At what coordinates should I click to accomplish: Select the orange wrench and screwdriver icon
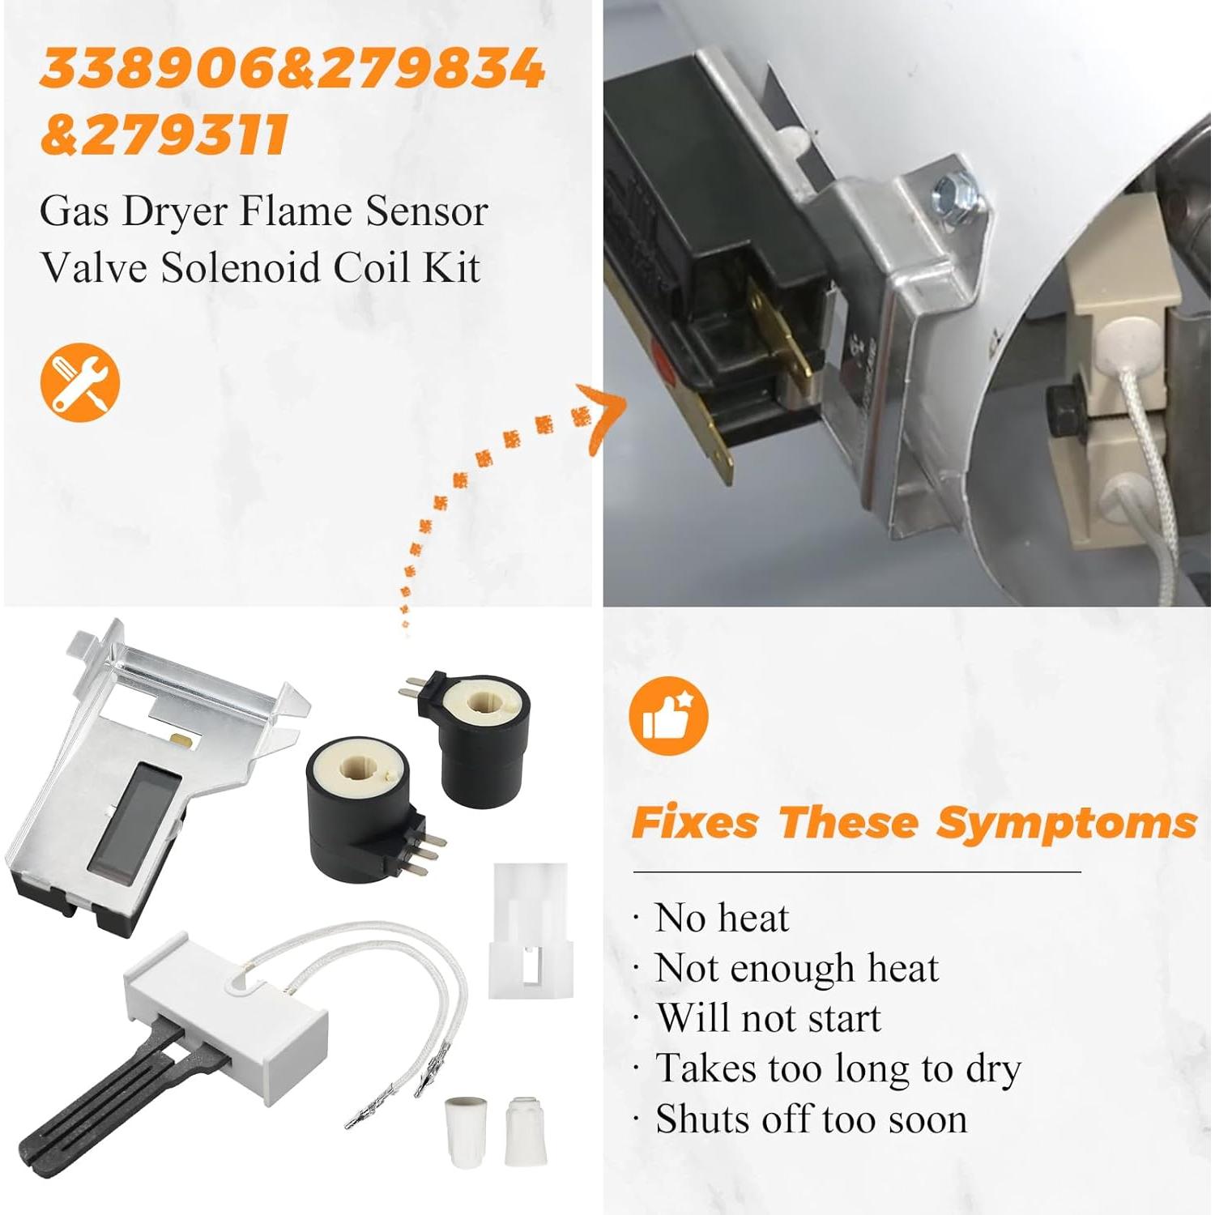[79, 382]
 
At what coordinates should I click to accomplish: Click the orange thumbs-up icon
[668, 716]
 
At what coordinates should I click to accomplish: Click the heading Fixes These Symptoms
[914, 823]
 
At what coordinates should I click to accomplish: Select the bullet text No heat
[721, 919]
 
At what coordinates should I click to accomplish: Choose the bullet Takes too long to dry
[838, 1068]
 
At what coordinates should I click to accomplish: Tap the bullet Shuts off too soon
[811, 1119]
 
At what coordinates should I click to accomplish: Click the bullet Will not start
[768, 1018]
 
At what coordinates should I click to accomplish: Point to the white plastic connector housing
[531, 932]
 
